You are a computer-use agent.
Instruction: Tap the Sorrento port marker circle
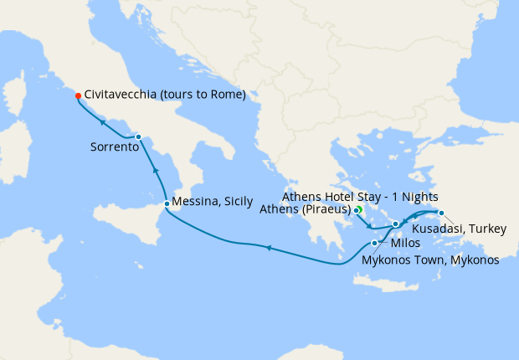click(x=138, y=136)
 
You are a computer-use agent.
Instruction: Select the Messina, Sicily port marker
click(x=167, y=203)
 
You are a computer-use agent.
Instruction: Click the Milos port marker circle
click(x=374, y=243)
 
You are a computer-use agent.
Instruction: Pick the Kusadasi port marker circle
click(x=441, y=213)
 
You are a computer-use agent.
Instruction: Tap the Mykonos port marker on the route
click(x=395, y=224)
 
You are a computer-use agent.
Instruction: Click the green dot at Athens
click(x=357, y=209)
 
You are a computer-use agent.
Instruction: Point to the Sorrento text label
click(x=114, y=147)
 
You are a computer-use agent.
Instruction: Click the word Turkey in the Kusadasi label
click(x=487, y=227)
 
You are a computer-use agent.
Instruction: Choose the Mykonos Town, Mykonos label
click(x=430, y=260)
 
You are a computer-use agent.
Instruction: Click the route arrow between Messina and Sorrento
click(x=155, y=170)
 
